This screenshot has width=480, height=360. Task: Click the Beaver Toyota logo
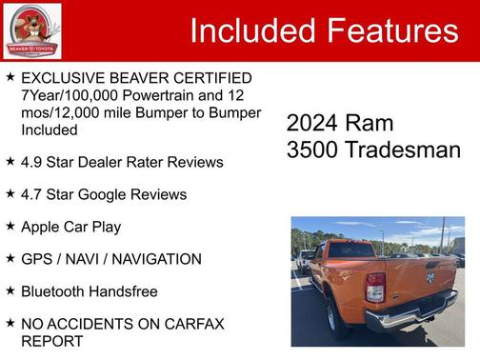pos(32,30)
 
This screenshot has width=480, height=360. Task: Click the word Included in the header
pos(250,31)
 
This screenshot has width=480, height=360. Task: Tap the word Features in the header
pos(390,31)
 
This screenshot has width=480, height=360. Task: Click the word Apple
pos(42,227)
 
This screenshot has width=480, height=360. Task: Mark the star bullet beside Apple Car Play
pos(10,226)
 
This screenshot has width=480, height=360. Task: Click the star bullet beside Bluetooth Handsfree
pos(10,290)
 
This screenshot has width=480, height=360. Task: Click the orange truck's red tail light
pos(375,287)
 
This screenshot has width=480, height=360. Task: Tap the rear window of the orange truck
pos(351,250)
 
